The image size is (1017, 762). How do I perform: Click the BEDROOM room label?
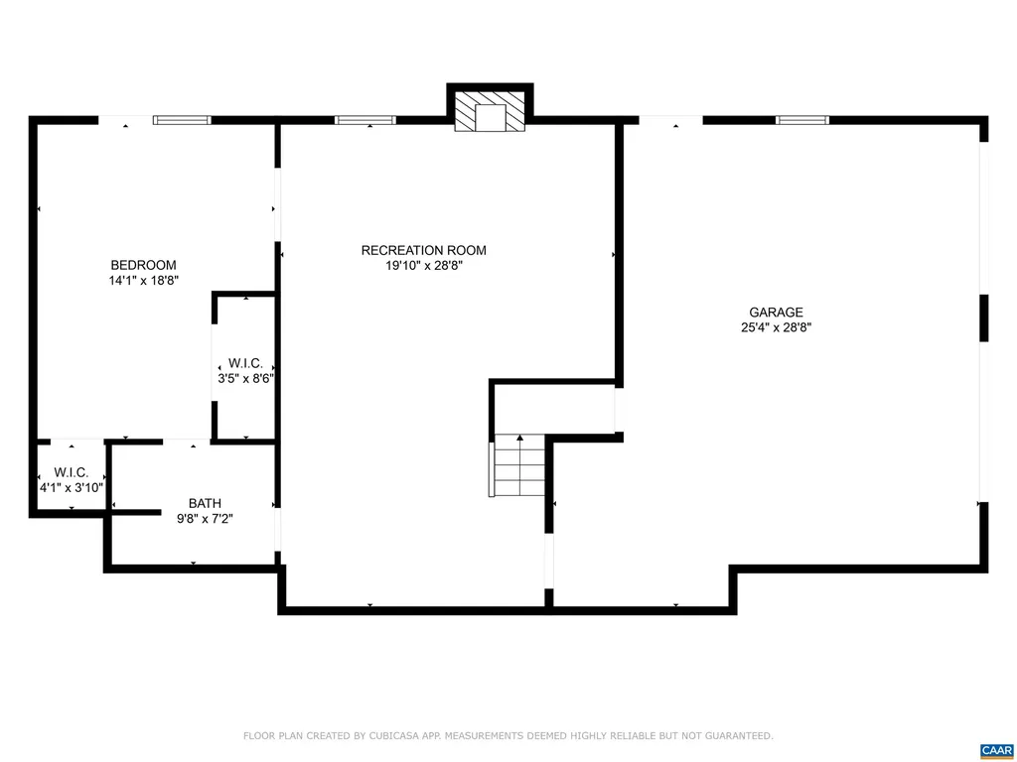coord(143,265)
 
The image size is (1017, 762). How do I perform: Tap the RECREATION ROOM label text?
coord(423,250)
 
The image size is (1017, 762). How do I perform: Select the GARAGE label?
coord(776,313)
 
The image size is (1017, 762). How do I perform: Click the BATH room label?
coord(205,503)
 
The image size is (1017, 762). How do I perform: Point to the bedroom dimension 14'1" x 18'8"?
coord(143,281)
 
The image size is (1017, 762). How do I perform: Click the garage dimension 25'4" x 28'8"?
coord(776,327)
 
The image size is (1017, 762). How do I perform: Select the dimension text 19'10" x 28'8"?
coord(423,265)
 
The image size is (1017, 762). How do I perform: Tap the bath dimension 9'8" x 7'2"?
coord(205,518)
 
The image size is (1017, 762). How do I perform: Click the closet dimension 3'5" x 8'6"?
coord(245,378)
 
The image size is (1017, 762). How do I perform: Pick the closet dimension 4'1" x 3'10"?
coord(72,487)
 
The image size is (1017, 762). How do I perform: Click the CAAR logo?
coord(995,750)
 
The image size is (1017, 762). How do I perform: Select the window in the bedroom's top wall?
coord(182,120)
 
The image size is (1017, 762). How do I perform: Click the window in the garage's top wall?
coord(801,120)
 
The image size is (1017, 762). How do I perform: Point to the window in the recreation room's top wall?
coord(364,120)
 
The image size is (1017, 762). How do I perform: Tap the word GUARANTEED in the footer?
coord(736,736)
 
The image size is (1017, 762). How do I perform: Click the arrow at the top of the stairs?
coord(519,438)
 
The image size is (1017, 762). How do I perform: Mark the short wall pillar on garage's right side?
coord(983,317)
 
